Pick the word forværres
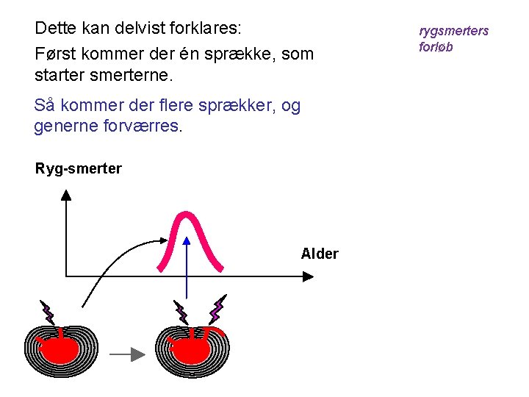[137, 126]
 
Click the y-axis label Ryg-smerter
[79, 169]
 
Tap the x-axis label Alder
[320, 254]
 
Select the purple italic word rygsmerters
[453, 31]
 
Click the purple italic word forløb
[436, 47]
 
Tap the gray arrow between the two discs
[128, 354]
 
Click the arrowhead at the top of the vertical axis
[66, 195]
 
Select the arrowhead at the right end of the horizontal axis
[309, 276]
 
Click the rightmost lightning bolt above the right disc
[218, 310]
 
